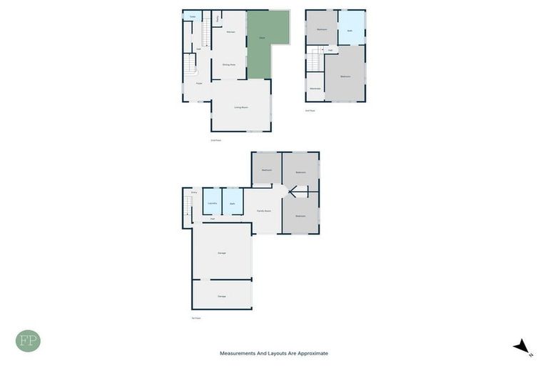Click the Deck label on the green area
click(x=262, y=37)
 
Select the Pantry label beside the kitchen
click(x=218, y=19)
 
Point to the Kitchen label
click(x=230, y=32)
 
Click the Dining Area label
click(x=229, y=65)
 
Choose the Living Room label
click(x=241, y=107)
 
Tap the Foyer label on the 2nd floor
click(x=200, y=84)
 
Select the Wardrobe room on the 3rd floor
click(x=315, y=89)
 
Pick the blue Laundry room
click(x=212, y=203)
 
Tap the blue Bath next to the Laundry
click(x=233, y=203)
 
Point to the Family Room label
click(x=264, y=211)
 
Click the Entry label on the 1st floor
click(x=193, y=192)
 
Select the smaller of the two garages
click(x=222, y=295)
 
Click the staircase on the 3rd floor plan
click(x=314, y=60)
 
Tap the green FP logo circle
click(x=28, y=341)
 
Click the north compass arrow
click(x=523, y=347)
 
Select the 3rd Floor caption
click(x=310, y=110)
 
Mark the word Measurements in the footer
click(x=238, y=353)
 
